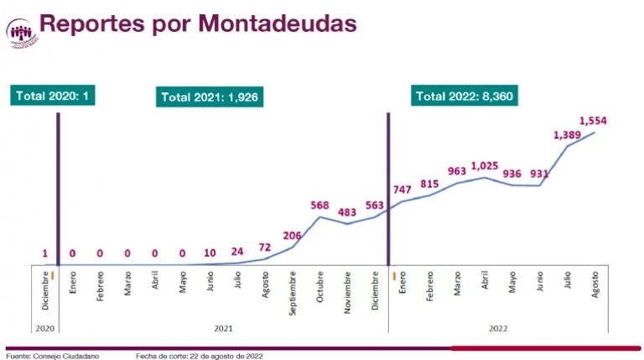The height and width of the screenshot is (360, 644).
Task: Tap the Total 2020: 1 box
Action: click(53, 96)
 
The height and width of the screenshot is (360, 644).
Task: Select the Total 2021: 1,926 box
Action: click(209, 97)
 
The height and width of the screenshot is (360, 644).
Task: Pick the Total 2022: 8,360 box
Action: click(464, 97)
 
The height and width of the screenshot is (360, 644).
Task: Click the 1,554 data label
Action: click(592, 121)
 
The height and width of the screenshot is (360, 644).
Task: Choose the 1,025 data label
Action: click(486, 164)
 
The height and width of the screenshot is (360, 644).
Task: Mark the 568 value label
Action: click(319, 206)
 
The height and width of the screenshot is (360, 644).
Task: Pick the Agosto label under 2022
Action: click(595, 285)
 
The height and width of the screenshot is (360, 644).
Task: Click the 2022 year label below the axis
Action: click(496, 327)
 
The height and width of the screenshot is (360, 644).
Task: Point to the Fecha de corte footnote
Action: click(200, 355)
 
